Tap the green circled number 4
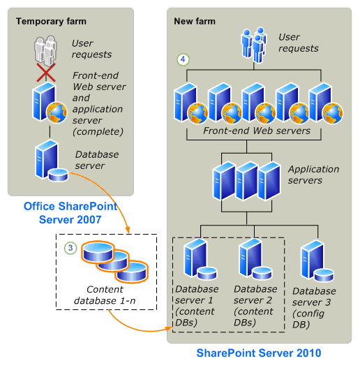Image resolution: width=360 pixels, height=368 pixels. (183, 60)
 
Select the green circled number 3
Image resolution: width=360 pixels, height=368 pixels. (70, 247)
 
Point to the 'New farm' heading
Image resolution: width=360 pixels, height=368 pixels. (195, 21)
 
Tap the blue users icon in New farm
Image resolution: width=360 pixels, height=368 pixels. (253, 43)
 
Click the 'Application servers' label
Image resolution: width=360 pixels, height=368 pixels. (313, 175)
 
